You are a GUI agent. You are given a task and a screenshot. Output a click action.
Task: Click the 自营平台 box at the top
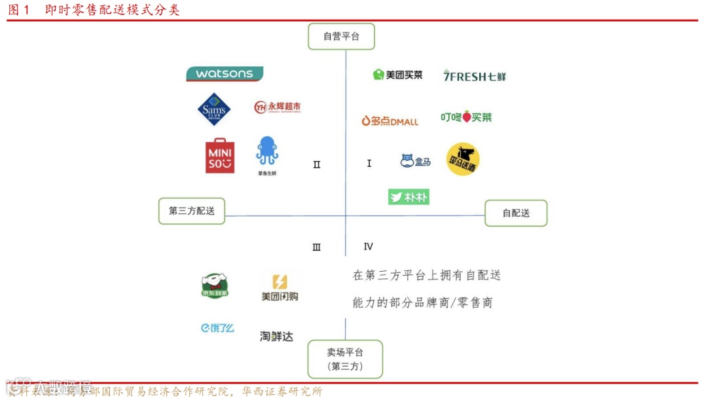click(341, 37)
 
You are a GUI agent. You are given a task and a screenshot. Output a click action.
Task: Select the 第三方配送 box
click(192, 211)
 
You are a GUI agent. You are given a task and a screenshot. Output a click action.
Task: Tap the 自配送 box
click(516, 213)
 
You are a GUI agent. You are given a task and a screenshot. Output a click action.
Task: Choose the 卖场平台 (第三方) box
click(345, 359)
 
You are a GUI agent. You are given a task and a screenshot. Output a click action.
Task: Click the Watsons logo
click(225, 74)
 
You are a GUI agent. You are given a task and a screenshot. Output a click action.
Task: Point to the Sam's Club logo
click(214, 109)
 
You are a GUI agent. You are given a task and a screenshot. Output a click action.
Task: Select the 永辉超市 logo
click(278, 107)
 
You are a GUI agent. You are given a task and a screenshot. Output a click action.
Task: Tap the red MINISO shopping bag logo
click(220, 156)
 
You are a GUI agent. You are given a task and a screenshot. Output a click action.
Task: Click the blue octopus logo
click(266, 153)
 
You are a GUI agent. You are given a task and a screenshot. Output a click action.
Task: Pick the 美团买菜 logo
click(398, 75)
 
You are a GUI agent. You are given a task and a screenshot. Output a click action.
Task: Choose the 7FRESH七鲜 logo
click(474, 76)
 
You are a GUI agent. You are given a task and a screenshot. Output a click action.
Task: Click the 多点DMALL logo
click(390, 120)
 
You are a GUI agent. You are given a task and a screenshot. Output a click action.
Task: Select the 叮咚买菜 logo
click(465, 117)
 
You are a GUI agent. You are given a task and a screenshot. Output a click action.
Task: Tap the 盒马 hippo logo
click(416, 161)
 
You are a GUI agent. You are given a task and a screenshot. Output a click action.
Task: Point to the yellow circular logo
click(463, 160)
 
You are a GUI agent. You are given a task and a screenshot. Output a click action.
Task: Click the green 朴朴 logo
click(408, 196)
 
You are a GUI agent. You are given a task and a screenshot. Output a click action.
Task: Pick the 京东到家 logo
click(215, 286)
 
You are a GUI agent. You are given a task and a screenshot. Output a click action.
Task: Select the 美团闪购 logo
click(280, 287)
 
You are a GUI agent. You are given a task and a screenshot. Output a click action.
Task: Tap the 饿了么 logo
click(217, 328)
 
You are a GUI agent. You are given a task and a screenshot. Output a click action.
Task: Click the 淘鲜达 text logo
click(276, 336)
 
